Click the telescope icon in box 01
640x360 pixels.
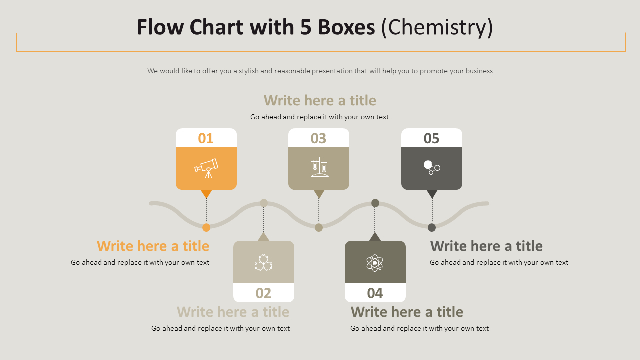pos(206,168)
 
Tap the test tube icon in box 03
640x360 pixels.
pos(319,167)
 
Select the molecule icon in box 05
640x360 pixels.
pos(431,167)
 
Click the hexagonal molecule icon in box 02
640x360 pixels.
pos(263,262)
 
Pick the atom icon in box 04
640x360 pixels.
pos(375,262)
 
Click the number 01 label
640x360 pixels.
pos(206,138)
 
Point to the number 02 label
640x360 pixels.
pos(263,293)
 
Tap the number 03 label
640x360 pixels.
pos(318,138)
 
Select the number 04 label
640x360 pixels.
pos(375,293)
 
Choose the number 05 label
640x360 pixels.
pos(431,138)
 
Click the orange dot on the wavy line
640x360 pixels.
pos(206,228)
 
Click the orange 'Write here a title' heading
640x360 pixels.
pos(153,246)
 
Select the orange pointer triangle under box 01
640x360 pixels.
pos(206,194)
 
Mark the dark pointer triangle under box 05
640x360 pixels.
pos(432,194)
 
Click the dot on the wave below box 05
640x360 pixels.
pos(432,228)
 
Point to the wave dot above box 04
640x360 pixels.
pos(375,203)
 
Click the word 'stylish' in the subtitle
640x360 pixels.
pos(248,71)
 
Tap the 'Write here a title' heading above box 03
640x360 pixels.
pos(320,100)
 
